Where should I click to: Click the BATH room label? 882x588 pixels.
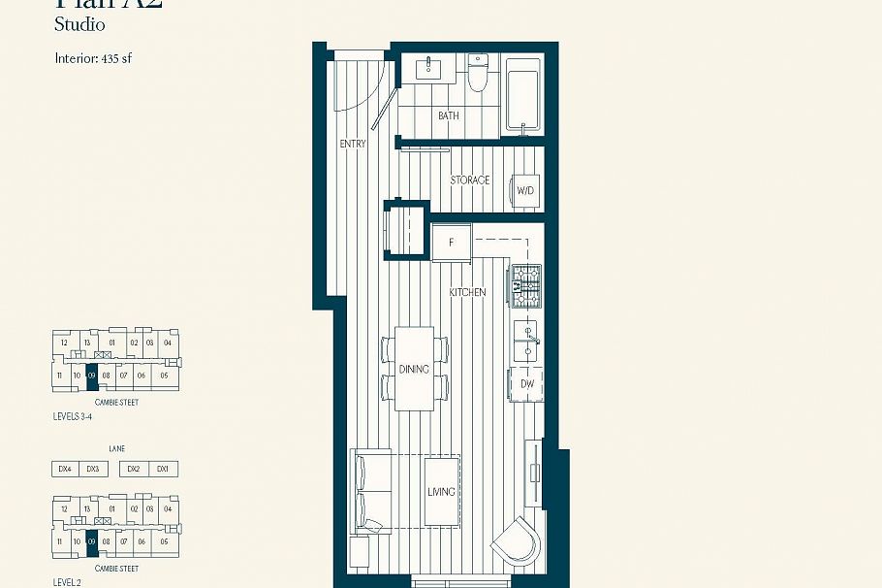tap(449, 116)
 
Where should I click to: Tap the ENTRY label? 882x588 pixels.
tap(353, 144)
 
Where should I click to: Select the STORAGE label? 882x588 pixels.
tap(470, 180)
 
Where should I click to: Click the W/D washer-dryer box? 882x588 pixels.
tap(526, 190)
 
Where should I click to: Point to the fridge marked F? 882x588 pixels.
tap(452, 242)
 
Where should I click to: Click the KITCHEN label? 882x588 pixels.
tap(467, 292)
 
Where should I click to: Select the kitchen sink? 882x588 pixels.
tap(526, 341)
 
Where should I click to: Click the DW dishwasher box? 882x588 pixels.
tap(527, 384)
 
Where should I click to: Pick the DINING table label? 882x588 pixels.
tap(414, 370)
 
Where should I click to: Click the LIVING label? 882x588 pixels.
tap(441, 492)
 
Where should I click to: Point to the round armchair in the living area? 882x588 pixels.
tap(516, 541)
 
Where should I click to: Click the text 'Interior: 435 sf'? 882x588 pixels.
tap(93, 58)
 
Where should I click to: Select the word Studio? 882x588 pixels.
tap(79, 24)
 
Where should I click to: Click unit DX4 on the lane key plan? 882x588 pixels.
tap(65, 469)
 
